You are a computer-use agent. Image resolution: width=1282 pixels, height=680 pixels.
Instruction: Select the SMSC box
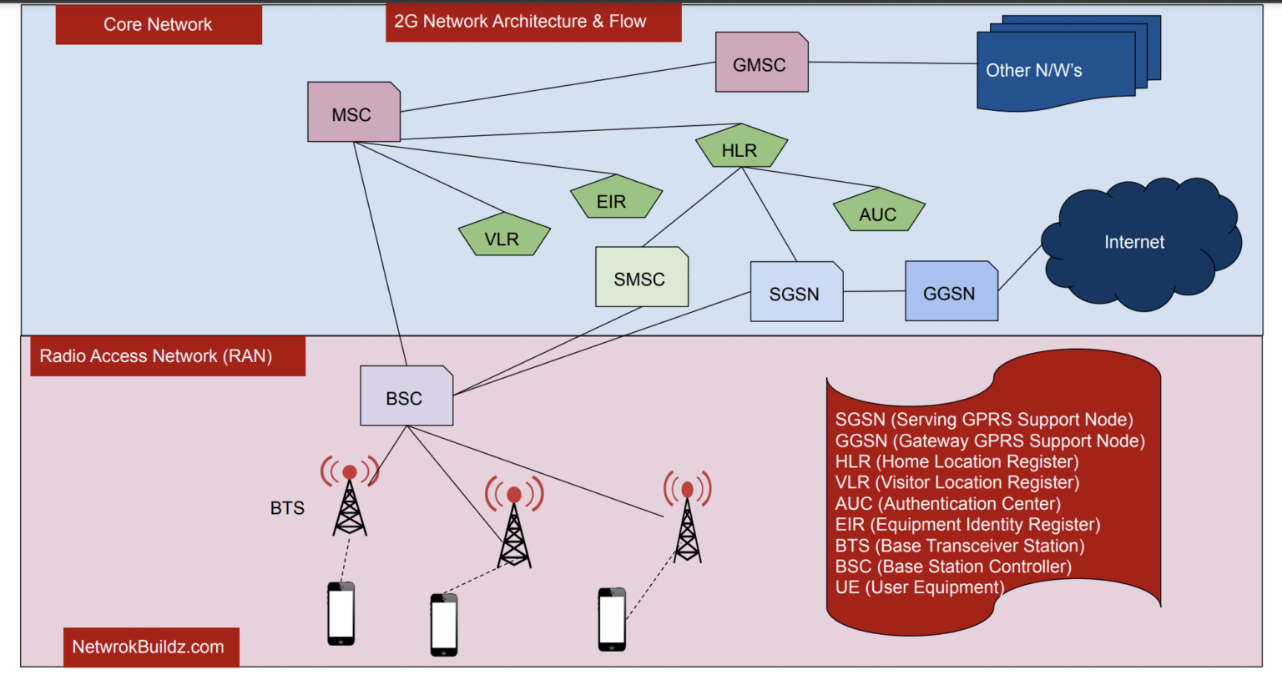pyautogui.click(x=641, y=278)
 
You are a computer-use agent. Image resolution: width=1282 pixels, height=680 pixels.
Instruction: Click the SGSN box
pyautogui.click(x=795, y=293)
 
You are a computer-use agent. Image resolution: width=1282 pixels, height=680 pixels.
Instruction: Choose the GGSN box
pyautogui.click(x=951, y=292)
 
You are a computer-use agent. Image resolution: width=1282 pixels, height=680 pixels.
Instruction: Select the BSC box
pyautogui.click(x=406, y=397)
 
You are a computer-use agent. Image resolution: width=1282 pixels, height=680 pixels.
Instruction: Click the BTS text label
pyautogui.click(x=287, y=507)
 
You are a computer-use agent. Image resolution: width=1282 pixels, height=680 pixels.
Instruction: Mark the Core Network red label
pyautogui.click(x=159, y=24)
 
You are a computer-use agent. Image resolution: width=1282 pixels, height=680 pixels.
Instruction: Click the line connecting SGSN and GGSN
pyautogui.click(x=874, y=291)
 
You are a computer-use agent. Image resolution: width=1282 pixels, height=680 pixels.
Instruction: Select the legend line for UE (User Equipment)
pyautogui.click(x=919, y=587)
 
